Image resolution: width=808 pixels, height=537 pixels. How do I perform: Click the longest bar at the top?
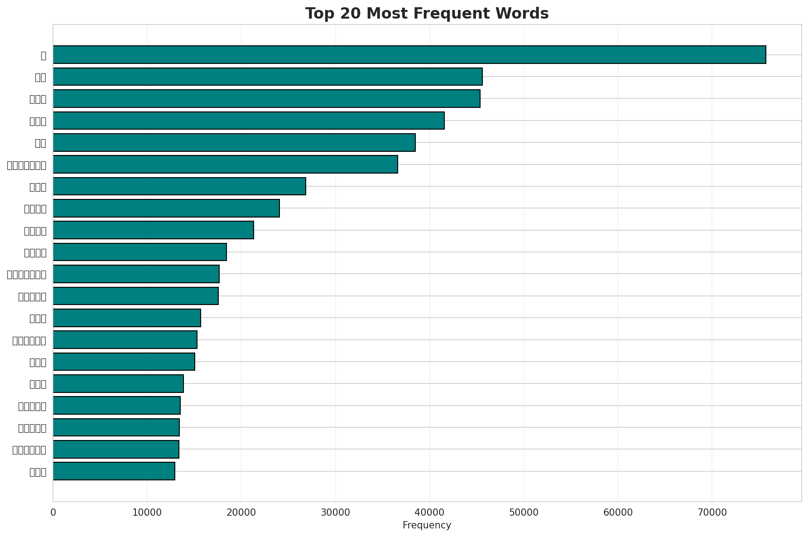[409, 54]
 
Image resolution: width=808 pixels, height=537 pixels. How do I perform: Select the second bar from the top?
[267, 77]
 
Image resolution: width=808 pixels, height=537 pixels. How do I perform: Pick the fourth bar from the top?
[248, 121]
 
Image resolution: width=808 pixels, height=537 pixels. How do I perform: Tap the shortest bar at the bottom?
[114, 471]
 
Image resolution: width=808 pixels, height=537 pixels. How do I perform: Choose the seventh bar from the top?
[179, 186]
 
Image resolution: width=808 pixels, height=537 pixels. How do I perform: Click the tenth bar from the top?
[139, 252]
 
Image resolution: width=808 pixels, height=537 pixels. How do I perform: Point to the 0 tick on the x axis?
[53, 513]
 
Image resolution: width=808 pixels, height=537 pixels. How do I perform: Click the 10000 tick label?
[147, 513]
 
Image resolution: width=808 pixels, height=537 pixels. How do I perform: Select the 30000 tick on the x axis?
[335, 513]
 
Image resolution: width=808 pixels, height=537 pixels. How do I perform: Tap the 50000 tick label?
[524, 513]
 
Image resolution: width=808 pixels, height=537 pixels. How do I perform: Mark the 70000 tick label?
[712, 513]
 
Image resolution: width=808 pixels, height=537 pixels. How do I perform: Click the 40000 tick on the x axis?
[429, 513]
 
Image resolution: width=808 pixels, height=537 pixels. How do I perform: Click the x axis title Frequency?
[427, 526]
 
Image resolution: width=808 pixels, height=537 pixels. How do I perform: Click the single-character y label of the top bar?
[43, 55]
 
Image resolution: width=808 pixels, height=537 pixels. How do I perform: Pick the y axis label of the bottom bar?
[38, 472]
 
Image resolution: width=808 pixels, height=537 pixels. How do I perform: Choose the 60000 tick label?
[617, 513]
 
